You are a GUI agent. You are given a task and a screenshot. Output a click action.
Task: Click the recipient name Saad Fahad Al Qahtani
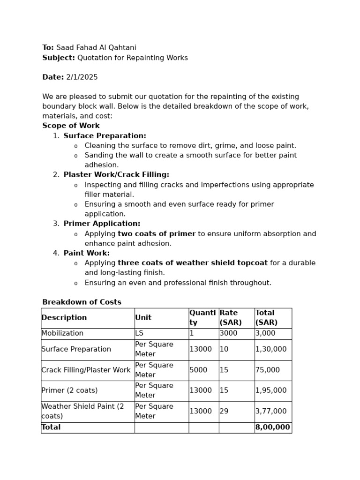(96, 48)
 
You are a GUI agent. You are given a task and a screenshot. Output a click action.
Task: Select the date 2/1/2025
(82, 77)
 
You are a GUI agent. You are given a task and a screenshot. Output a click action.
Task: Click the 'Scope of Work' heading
(71, 126)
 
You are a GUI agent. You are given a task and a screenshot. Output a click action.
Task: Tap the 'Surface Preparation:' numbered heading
(105, 136)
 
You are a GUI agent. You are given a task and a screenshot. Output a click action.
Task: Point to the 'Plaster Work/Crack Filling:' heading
(116, 175)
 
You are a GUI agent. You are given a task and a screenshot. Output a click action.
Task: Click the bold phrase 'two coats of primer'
(157, 234)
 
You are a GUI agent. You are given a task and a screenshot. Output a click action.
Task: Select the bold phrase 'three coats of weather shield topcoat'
(193, 263)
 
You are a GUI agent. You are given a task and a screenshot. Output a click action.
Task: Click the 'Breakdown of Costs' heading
(82, 302)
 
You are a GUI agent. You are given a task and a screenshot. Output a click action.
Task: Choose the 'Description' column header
(64, 318)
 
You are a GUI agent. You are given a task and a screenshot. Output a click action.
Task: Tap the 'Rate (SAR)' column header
(229, 318)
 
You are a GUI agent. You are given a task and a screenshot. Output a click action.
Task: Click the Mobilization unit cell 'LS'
(140, 333)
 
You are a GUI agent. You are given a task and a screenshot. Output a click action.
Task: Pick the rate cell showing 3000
(228, 333)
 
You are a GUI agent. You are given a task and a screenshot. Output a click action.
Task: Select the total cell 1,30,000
(271, 349)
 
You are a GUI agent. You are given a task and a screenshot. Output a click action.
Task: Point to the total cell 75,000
(268, 370)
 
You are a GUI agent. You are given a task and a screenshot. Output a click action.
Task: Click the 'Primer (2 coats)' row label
(69, 390)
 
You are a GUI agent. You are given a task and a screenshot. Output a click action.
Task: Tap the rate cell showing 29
(224, 411)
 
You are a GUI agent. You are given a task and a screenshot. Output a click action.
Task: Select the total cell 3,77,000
(271, 411)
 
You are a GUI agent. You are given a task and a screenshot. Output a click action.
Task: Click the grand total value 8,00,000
(272, 427)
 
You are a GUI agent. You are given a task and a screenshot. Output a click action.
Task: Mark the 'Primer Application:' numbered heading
(102, 224)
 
